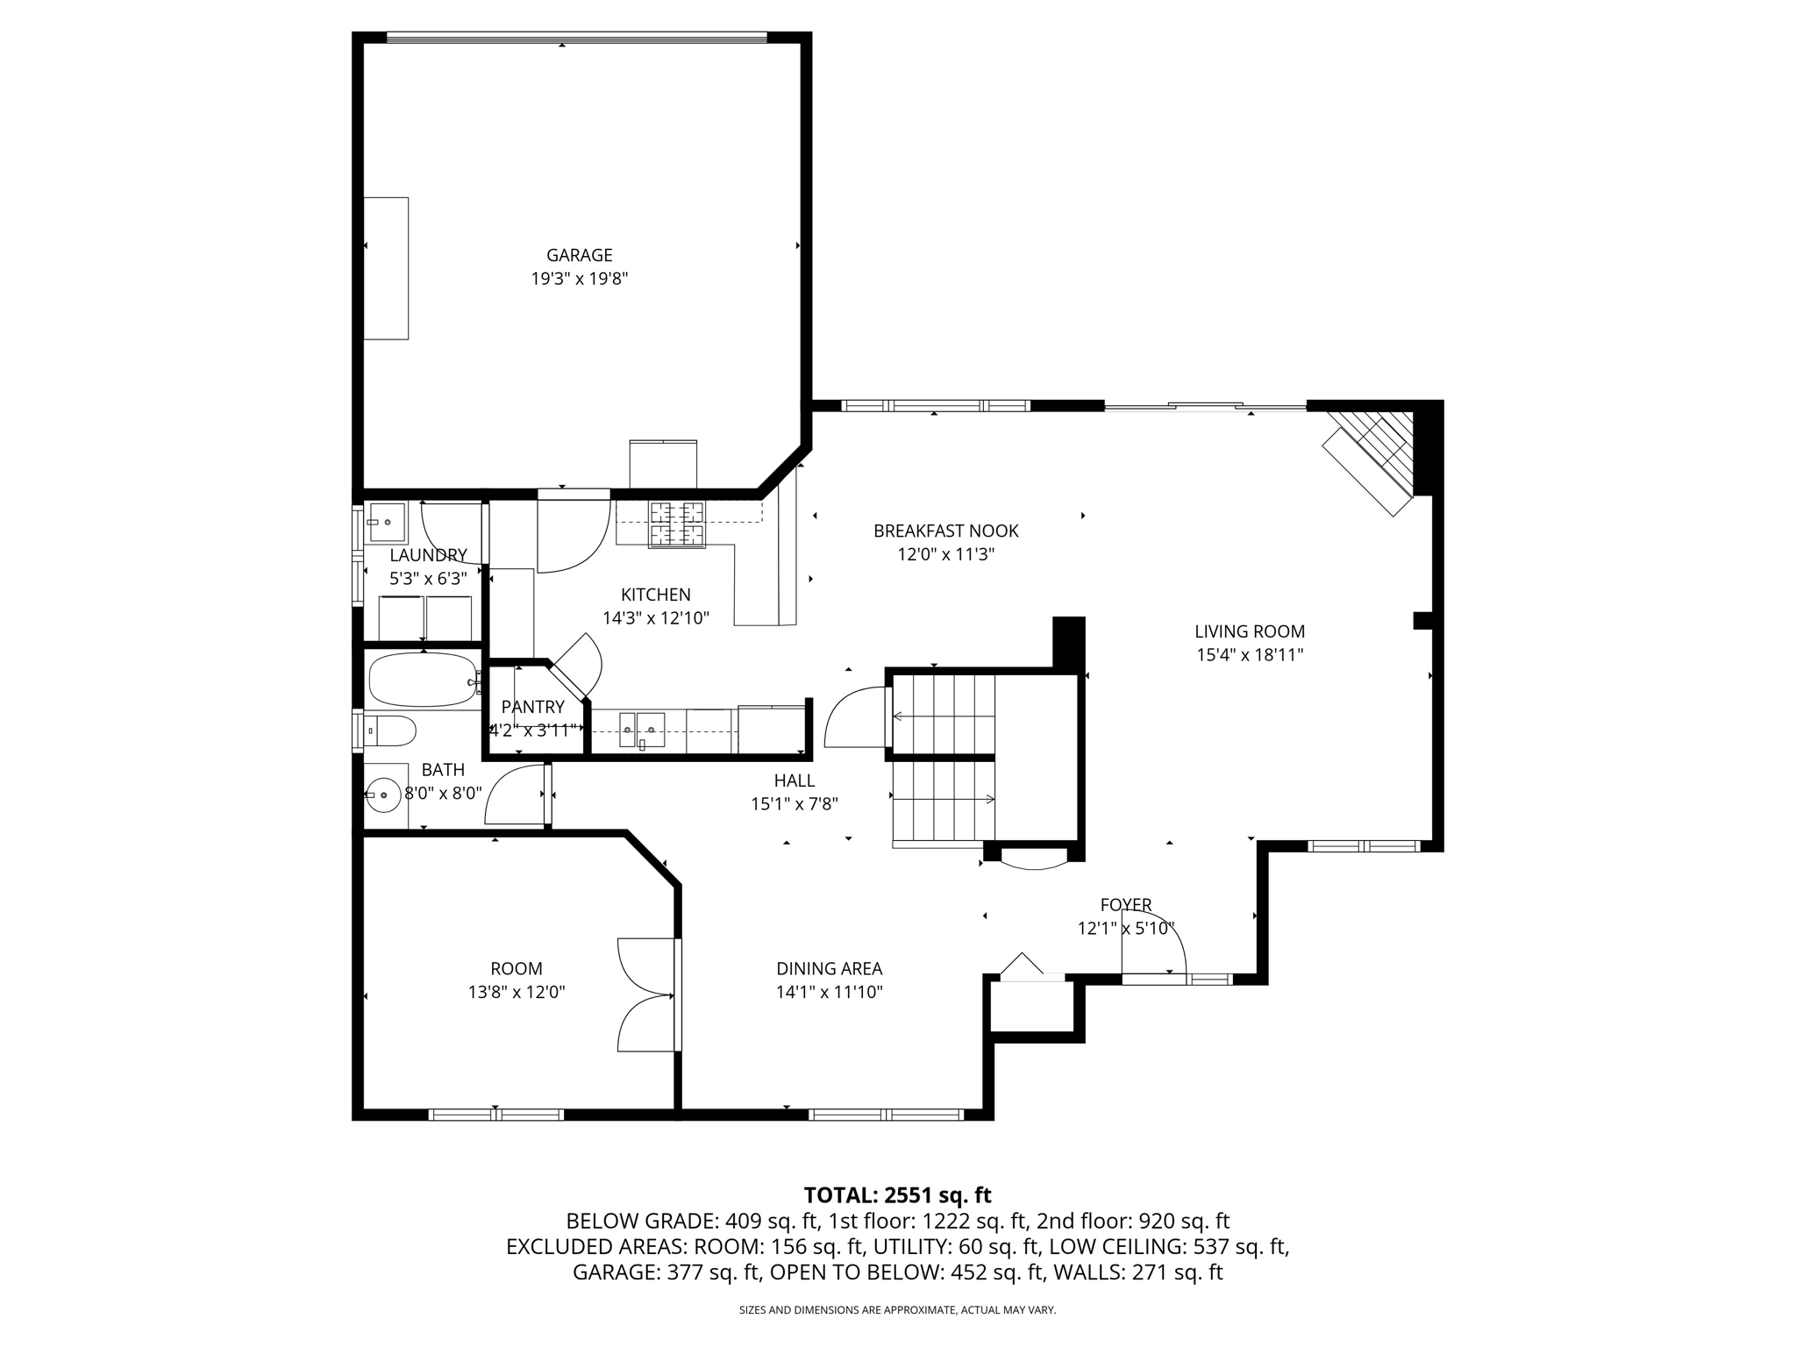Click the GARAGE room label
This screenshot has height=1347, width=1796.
point(579,255)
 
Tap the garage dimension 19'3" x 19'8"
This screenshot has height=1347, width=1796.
point(579,279)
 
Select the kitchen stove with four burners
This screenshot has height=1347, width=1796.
point(676,524)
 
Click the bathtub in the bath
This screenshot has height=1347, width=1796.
point(422,680)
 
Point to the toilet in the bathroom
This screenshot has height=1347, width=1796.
point(391,731)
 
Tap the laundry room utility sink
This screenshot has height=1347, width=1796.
point(386,522)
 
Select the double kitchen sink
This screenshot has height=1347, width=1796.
point(641,729)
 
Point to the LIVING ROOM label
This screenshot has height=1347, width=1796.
point(1249,631)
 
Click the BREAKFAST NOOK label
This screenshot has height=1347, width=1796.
point(945,531)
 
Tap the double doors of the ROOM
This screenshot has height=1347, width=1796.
point(647,994)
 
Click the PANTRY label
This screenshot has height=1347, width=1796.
point(532,707)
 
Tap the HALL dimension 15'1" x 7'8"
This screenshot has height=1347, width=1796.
point(794,803)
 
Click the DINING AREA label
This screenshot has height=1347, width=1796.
point(829,968)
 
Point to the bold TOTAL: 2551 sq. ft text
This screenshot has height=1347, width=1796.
point(897,1194)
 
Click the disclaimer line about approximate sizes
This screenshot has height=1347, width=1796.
point(897,1310)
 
